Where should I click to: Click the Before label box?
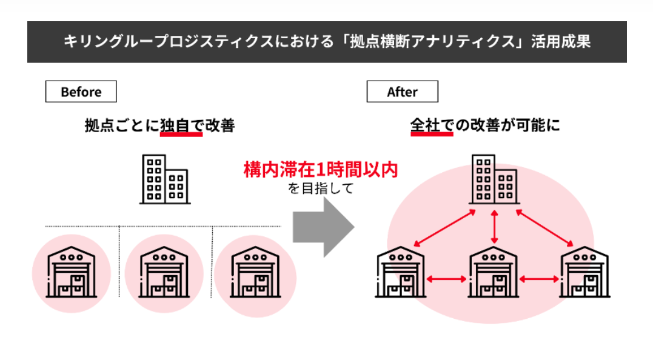pos(81,92)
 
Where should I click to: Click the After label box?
pos(403,92)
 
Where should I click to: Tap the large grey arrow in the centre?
pos(324,227)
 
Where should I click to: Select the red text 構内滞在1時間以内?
pos(321,170)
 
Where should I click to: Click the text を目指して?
pos(321,188)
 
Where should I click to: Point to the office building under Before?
pos(165,179)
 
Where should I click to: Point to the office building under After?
pos(494,179)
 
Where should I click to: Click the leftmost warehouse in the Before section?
pos(71,272)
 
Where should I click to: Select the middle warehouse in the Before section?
pos(164,272)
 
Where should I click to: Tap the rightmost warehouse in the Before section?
pos(255,272)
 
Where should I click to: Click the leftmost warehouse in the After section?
pos(401,272)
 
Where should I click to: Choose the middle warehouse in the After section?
pos(494,272)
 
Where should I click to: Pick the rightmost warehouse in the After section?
pos(584,272)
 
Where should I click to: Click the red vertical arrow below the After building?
pos(494,227)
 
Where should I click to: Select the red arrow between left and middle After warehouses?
pos(447,279)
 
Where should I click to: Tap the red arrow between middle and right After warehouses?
pos(539,279)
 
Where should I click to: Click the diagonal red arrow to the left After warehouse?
pos(444,228)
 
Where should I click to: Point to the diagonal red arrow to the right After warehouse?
pos(544,228)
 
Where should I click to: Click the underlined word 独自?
pos(175,125)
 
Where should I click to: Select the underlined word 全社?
pos(425,125)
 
